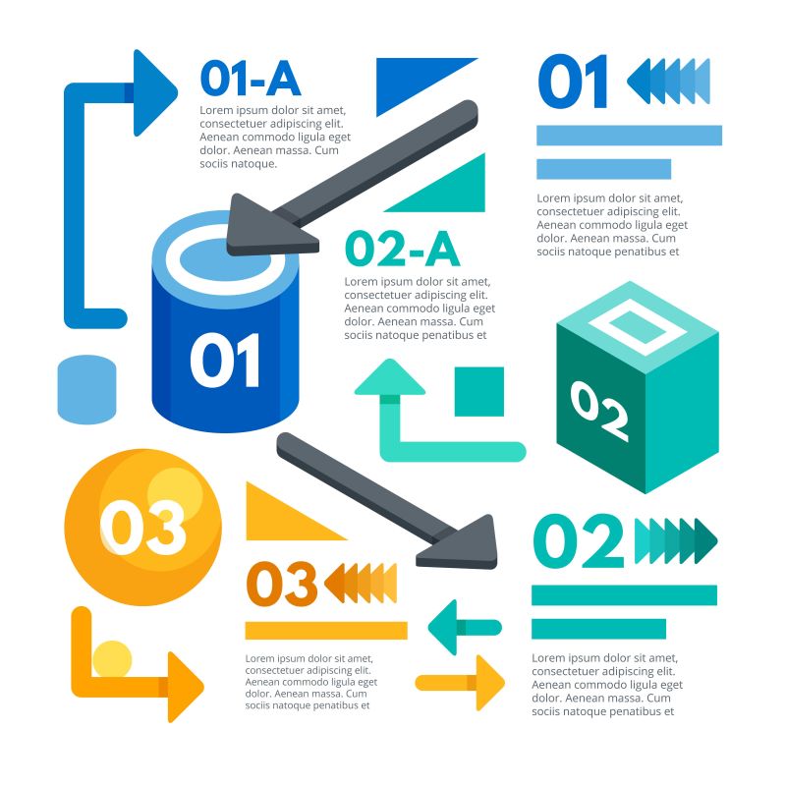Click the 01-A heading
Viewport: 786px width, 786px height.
tap(250, 78)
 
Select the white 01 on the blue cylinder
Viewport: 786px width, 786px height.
tap(226, 361)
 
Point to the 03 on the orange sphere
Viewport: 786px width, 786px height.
tap(143, 528)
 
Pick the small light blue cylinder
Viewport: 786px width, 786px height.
tap(86, 390)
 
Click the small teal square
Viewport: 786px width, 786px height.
tap(479, 391)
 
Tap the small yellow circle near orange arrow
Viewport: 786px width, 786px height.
tap(112, 659)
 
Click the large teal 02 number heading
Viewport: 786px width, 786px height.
tap(579, 541)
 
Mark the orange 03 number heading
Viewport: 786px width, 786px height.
tap(282, 584)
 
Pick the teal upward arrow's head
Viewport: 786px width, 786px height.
tap(390, 378)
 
